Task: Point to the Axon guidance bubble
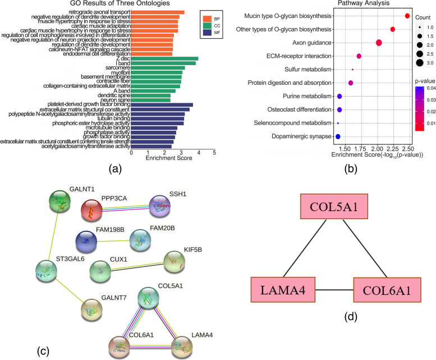[x=379, y=43]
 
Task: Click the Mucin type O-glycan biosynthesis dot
[x=407, y=16]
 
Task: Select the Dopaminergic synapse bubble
[x=338, y=136]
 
